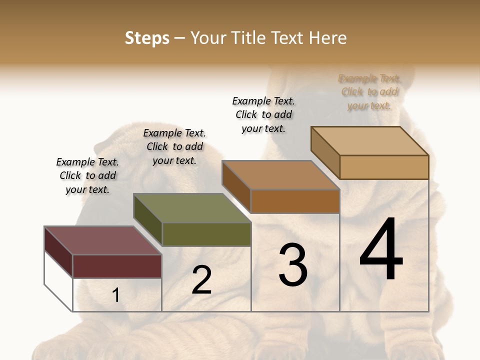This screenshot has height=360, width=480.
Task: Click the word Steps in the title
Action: point(147,38)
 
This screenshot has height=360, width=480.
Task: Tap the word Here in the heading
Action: point(328,38)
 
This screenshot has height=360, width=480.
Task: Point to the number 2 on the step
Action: point(201,280)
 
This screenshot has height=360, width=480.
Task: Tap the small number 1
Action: point(116,295)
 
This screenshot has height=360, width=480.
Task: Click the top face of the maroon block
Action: point(102,240)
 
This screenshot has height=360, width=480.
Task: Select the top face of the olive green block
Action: point(192,208)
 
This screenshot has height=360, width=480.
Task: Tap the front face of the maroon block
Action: point(117,266)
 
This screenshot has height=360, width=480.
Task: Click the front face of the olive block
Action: point(206,234)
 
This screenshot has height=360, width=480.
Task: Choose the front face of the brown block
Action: point(295,201)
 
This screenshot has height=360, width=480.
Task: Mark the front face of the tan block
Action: point(384,167)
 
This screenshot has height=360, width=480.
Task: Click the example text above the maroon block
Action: point(87,175)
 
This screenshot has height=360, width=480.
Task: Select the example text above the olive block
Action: point(174,146)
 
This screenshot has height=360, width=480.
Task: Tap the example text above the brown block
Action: point(263,114)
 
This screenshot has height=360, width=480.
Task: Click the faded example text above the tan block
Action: point(369,92)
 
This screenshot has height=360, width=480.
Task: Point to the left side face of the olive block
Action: point(148,220)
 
